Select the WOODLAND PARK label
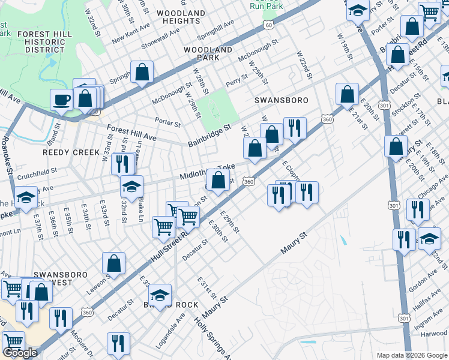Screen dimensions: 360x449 click(208, 53)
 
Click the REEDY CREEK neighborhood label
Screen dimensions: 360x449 click(71, 152)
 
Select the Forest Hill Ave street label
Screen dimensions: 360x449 click(131, 133)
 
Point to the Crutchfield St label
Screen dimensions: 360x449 click(37, 170)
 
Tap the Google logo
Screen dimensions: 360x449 click(20, 352)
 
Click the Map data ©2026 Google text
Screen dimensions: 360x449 click(411, 355)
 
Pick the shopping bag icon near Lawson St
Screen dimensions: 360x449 click(113, 263)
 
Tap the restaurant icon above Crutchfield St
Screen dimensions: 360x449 click(122, 163)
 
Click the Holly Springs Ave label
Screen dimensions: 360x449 click(212, 338)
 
